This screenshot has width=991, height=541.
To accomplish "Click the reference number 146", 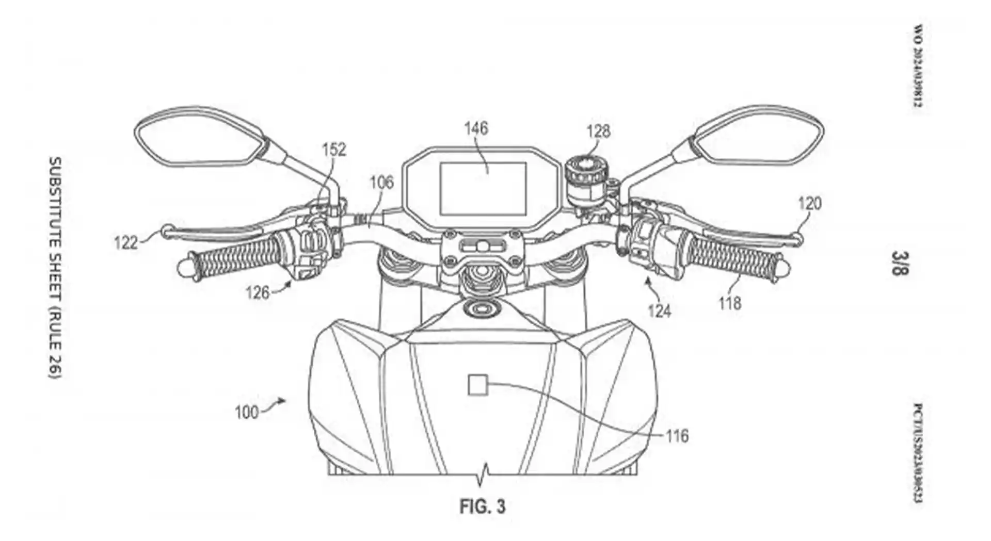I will [476, 128].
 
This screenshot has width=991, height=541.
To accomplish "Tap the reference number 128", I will [598, 131].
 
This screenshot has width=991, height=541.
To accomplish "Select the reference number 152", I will [334, 150].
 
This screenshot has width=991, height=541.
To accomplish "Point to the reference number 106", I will [381, 182].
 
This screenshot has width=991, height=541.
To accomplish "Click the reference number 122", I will [126, 242].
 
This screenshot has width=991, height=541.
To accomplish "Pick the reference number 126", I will [258, 293].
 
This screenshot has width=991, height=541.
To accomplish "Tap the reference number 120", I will [809, 203].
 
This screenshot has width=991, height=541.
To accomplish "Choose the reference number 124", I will [660, 310].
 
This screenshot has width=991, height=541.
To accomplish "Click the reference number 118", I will [730, 303].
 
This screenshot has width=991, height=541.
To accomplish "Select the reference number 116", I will [677, 436].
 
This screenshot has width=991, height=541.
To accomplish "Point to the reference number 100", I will [246, 413].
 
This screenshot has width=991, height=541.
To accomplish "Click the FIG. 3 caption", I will [483, 506].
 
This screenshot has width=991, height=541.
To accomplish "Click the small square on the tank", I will [477, 385].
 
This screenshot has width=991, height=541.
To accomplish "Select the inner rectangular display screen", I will [483, 188].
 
